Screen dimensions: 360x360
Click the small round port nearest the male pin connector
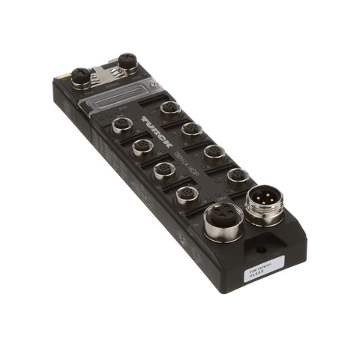[x=238, y=175]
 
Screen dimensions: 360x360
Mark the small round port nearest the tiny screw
[x=171, y=107]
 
